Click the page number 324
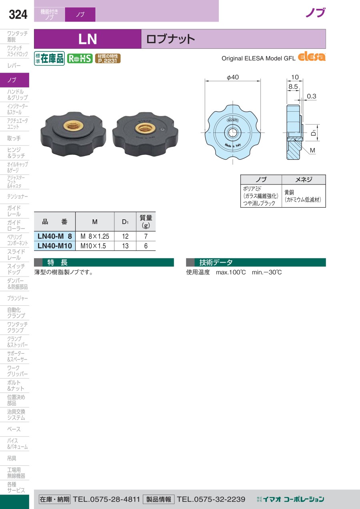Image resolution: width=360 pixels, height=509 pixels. pos(18,14)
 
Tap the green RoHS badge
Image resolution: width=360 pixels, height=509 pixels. pos(80,58)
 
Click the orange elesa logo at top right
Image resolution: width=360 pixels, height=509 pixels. pos(312,57)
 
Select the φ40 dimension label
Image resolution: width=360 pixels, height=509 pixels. pos(233,77)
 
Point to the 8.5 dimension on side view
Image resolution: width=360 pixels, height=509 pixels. pos(293,86)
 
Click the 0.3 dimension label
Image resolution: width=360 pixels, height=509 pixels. pos(311,96)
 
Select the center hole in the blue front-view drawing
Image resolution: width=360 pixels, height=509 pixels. pos(232,133)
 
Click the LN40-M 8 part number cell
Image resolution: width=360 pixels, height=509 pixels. pos(54,236)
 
